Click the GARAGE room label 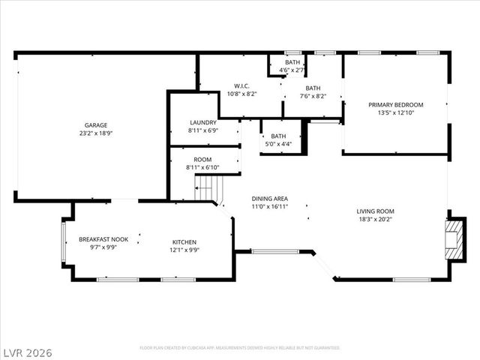coord(95,125)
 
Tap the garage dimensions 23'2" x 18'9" coord(95,133)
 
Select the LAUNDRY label coord(202,122)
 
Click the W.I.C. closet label coord(241,86)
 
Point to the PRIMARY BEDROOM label coord(396,104)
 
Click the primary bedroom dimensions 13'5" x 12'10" coord(396,112)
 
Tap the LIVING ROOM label coord(375,211)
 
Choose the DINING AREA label coord(269,199)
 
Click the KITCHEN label coord(184,241)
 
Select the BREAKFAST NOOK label coord(103,238)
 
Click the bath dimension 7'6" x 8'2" coord(312,95)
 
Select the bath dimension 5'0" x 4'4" coord(278,143)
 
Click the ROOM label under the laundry coord(202,160)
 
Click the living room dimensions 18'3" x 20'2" coord(375,220)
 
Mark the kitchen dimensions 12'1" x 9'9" coord(184,250)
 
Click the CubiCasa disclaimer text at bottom coord(240,348)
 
